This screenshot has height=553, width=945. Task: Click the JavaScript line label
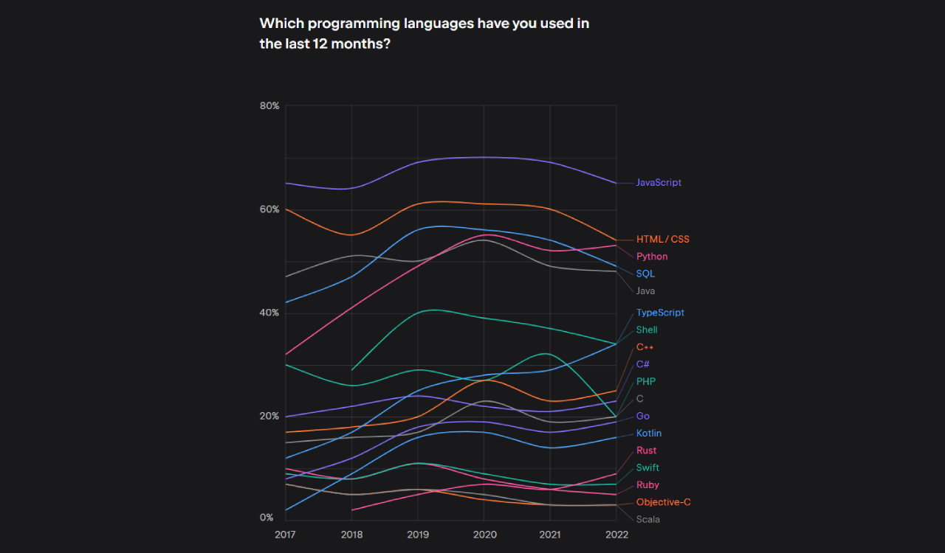pyautogui.click(x=659, y=183)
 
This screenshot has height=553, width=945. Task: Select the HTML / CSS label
pyautogui.click(x=662, y=240)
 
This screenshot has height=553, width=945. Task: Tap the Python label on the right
pyautogui.click(x=652, y=257)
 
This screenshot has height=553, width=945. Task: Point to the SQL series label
pyautogui.click(x=645, y=274)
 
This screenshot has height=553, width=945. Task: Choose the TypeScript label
pyautogui.click(x=660, y=313)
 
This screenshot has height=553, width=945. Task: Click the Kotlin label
pyautogui.click(x=649, y=434)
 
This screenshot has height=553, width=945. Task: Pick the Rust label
pyautogui.click(x=646, y=451)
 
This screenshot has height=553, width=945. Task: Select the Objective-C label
pyautogui.click(x=663, y=502)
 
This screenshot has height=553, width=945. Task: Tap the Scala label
pyautogui.click(x=647, y=519)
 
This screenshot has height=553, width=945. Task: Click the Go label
pyautogui.click(x=642, y=416)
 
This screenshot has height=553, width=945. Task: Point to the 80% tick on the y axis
pyautogui.click(x=269, y=106)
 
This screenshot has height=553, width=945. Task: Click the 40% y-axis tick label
pyautogui.click(x=269, y=313)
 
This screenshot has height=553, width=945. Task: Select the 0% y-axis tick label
pyautogui.click(x=267, y=518)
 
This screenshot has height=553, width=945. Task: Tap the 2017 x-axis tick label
pyautogui.click(x=286, y=534)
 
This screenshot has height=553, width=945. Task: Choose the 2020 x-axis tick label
pyautogui.click(x=484, y=534)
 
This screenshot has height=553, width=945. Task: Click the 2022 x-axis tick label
pyautogui.click(x=616, y=534)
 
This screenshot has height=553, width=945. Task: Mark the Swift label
pyautogui.click(x=647, y=467)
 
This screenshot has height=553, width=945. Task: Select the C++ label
pyautogui.click(x=645, y=347)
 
